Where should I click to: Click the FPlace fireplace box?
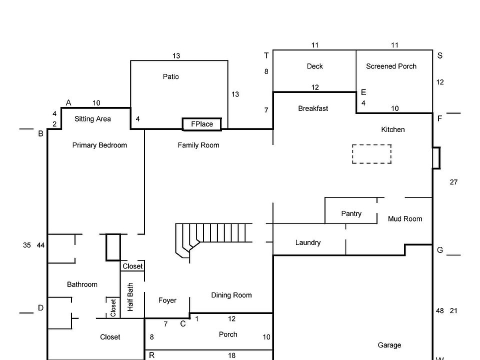click(x=202, y=124)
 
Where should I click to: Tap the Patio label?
click(x=170, y=76)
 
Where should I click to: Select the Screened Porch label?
click(x=391, y=66)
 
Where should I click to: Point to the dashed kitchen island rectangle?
click(x=371, y=153)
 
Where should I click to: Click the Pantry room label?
click(x=351, y=213)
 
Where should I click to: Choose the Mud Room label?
click(x=405, y=218)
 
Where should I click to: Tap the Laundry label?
click(x=308, y=242)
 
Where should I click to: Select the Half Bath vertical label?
click(x=130, y=297)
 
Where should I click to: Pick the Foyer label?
click(x=167, y=300)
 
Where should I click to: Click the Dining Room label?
click(x=231, y=295)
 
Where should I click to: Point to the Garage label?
click(x=389, y=345)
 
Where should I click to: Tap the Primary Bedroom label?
click(x=99, y=145)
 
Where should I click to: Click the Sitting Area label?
click(x=92, y=119)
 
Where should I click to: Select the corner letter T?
click(x=266, y=55)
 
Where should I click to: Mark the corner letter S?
click(x=439, y=55)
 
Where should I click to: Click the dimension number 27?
click(x=453, y=182)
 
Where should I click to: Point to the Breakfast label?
click(x=313, y=108)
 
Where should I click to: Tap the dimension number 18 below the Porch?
click(x=232, y=355)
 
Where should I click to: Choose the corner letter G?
click(x=440, y=250)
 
